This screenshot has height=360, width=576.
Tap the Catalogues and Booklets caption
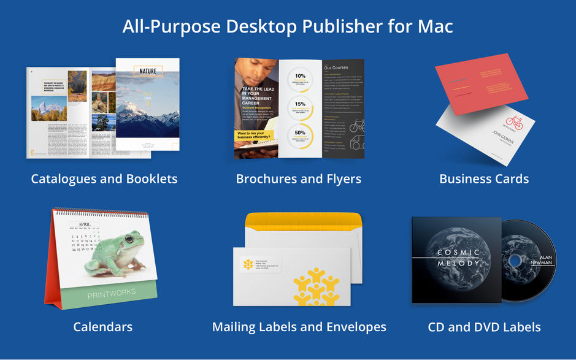[104, 179]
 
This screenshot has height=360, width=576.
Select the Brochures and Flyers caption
[299, 179]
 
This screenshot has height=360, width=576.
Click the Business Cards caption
[484, 179]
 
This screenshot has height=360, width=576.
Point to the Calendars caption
[102, 326]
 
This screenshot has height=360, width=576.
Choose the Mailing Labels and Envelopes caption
[299, 326]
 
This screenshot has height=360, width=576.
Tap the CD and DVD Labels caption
[484, 326]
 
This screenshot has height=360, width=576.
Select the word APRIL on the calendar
[84, 224]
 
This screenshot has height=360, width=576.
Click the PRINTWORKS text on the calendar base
[112, 294]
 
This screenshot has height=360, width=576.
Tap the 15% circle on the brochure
[301, 105]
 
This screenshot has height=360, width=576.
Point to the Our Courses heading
[336, 67]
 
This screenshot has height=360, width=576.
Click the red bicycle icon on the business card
[514, 123]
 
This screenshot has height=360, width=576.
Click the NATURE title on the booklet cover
[147, 71]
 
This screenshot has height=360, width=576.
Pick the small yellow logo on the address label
[247, 264]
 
